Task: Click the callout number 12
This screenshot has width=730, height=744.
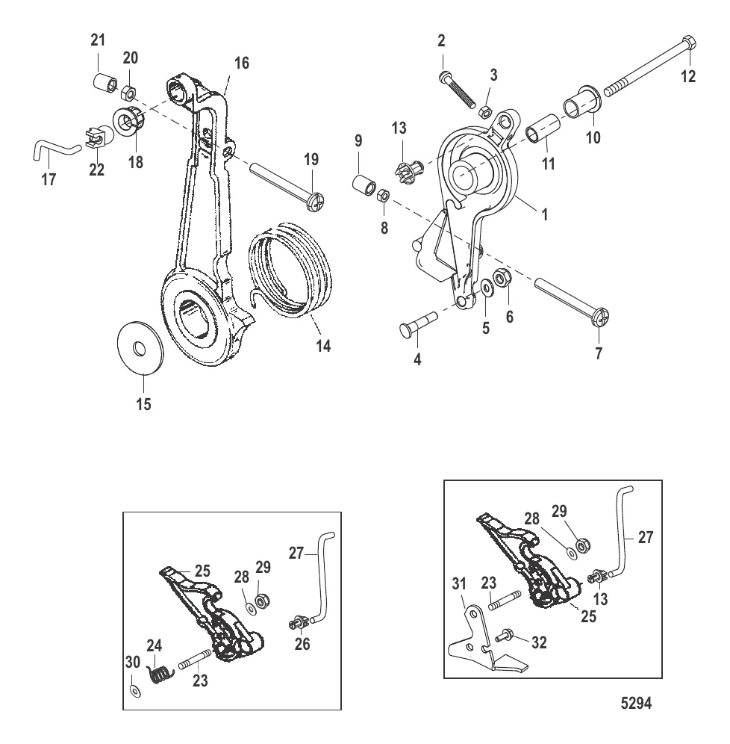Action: pyautogui.click(x=688, y=75)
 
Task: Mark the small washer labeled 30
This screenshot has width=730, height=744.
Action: pyautogui.click(x=133, y=689)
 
